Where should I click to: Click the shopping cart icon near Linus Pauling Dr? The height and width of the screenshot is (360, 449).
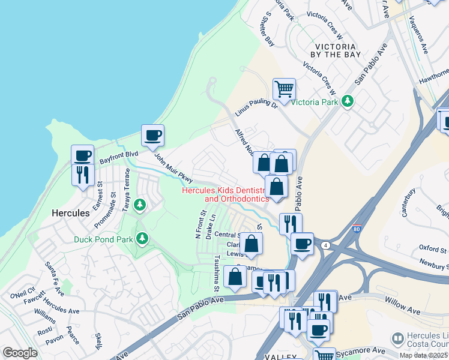(284, 89)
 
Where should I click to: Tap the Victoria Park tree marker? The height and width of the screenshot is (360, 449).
(346, 101)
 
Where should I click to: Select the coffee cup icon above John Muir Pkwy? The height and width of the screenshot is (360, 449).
(152, 135)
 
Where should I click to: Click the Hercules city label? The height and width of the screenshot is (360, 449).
(70, 213)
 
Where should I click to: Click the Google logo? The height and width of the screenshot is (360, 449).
(20, 352)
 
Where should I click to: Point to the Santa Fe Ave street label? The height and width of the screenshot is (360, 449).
(54, 279)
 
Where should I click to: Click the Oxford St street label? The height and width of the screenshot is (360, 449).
(433, 249)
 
